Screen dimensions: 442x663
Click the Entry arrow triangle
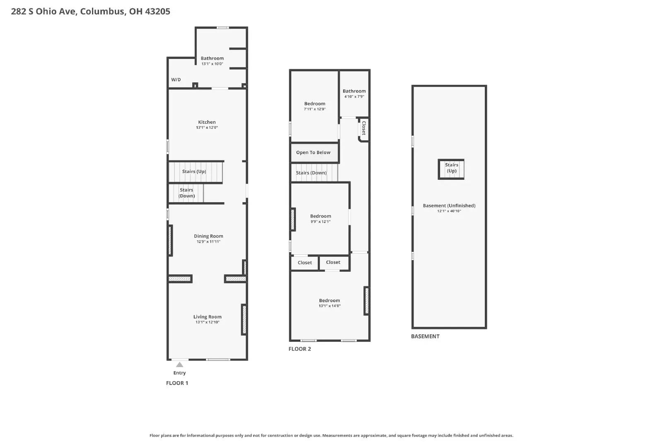179,365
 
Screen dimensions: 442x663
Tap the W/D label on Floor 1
176,80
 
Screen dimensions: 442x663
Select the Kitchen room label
207,122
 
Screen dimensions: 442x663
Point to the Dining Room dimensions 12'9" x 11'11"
208,242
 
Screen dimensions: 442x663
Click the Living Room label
207,317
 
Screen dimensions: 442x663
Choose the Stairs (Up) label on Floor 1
194,171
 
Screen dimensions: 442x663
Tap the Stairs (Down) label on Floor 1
186,193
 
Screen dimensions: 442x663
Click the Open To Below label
313,152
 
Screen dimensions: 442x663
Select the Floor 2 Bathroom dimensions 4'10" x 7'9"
354,97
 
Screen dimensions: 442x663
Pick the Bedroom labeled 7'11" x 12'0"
315,104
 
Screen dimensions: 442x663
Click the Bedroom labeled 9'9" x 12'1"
321,216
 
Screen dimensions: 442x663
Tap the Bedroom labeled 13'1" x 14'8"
329,301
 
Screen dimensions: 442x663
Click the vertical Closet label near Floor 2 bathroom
364,128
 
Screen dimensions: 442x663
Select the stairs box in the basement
451,169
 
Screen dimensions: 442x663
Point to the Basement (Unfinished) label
449,205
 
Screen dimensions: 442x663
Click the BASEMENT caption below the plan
425,336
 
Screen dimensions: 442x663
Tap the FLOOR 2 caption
300,349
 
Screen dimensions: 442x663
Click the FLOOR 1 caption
177,383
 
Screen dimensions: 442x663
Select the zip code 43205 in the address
157,12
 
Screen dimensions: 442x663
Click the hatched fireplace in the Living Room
244,319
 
